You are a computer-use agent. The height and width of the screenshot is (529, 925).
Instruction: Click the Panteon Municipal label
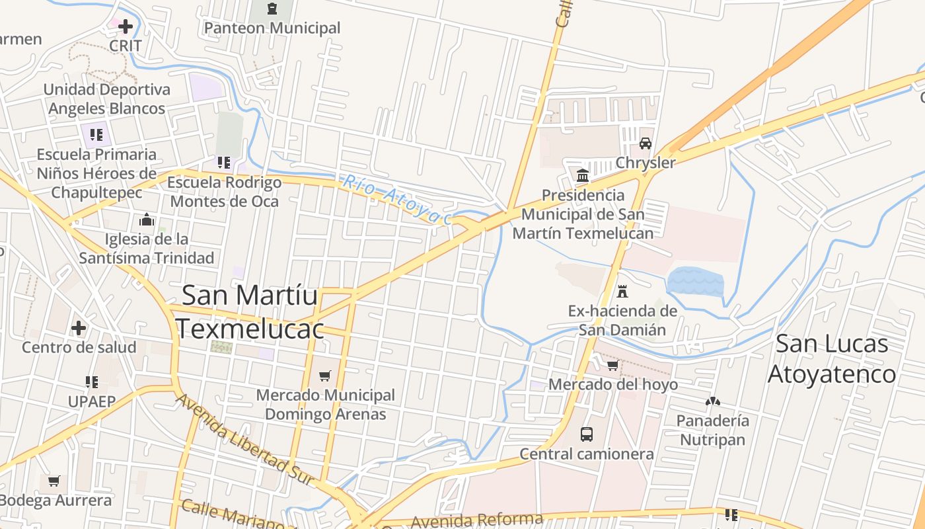click(x=272, y=28)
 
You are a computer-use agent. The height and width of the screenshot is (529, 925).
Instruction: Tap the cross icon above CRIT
click(x=126, y=26)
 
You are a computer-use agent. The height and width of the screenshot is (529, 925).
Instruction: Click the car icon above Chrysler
click(x=646, y=143)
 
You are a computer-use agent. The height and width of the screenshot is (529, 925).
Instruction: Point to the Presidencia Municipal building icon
click(x=583, y=175)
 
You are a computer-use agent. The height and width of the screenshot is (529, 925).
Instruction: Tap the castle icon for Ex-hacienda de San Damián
click(x=622, y=291)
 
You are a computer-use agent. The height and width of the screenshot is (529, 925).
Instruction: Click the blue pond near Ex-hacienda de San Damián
click(x=695, y=282)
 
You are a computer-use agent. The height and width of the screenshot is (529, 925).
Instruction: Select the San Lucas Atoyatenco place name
click(x=832, y=358)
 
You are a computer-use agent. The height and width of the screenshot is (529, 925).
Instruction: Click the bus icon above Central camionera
click(x=587, y=434)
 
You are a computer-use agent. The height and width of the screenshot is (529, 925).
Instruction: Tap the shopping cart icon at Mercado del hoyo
click(x=613, y=364)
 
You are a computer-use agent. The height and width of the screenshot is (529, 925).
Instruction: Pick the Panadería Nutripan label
click(x=713, y=430)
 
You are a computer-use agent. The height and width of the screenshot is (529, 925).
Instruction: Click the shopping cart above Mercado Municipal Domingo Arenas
click(x=324, y=376)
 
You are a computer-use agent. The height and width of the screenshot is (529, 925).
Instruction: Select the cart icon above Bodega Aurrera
click(x=54, y=481)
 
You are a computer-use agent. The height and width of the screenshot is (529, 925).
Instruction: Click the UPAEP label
click(x=92, y=401)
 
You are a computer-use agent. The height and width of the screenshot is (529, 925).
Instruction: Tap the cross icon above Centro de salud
click(x=79, y=327)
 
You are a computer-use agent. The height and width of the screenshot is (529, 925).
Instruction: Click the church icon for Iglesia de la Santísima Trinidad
click(x=147, y=220)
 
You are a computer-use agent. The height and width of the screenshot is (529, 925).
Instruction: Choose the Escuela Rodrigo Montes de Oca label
click(x=224, y=191)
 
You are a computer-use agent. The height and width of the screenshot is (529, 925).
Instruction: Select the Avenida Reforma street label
click(x=477, y=520)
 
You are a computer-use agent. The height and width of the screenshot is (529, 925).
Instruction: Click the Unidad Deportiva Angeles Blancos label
click(x=107, y=99)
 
